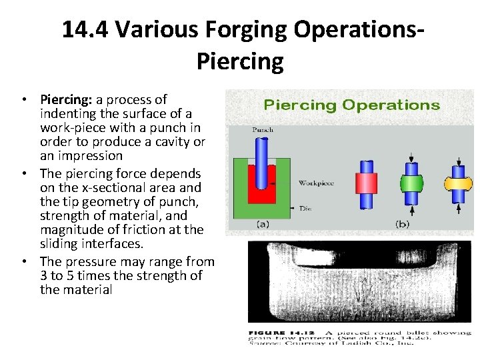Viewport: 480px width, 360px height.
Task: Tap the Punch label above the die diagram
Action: tap(262, 130)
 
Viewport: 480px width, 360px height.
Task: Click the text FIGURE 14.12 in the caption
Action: tap(277, 331)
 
